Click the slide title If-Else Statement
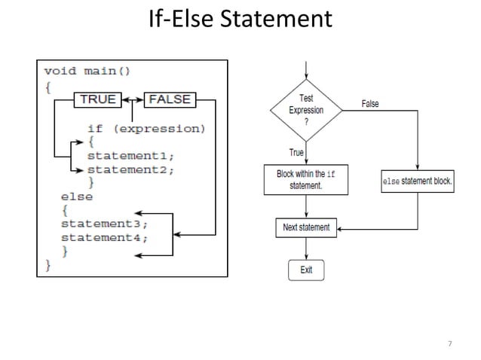pos(240,20)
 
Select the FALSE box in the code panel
pos(170,99)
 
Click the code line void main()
pos(87,72)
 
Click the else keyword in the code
pos(77,197)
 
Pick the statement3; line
pos(104,224)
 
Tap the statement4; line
pos(104,237)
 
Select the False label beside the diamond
pos(370,104)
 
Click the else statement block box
pos(417,181)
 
